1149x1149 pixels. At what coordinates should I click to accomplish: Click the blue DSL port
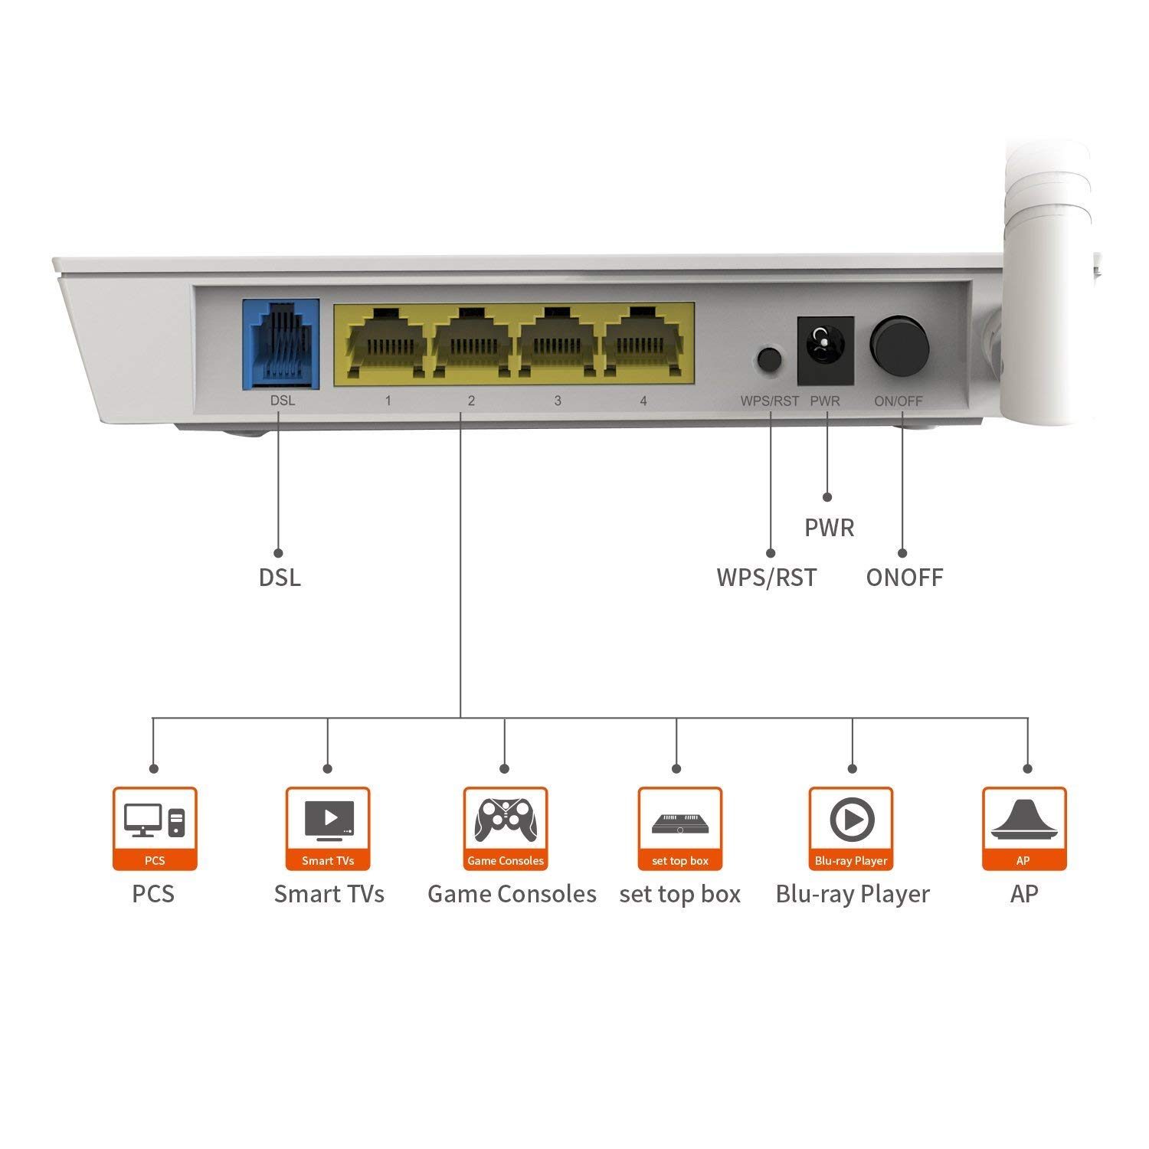tap(281, 344)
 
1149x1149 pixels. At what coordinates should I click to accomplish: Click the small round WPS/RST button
tap(770, 359)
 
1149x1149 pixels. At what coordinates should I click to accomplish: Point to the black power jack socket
tap(826, 351)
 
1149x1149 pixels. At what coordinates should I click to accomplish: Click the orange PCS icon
tap(155, 829)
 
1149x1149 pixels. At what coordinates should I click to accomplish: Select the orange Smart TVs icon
tap(328, 829)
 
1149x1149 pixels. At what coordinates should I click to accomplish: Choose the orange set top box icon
tap(680, 829)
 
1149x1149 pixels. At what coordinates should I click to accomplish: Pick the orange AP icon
tap(1024, 829)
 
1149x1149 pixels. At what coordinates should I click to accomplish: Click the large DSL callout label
tap(280, 578)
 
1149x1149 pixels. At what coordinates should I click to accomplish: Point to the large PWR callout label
tap(830, 528)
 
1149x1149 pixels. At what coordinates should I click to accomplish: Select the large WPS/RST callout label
tap(767, 578)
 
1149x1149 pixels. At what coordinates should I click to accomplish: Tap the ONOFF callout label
tap(905, 578)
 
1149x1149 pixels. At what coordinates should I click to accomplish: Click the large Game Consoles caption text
tap(512, 894)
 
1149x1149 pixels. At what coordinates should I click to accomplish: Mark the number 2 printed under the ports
tap(471, 401)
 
